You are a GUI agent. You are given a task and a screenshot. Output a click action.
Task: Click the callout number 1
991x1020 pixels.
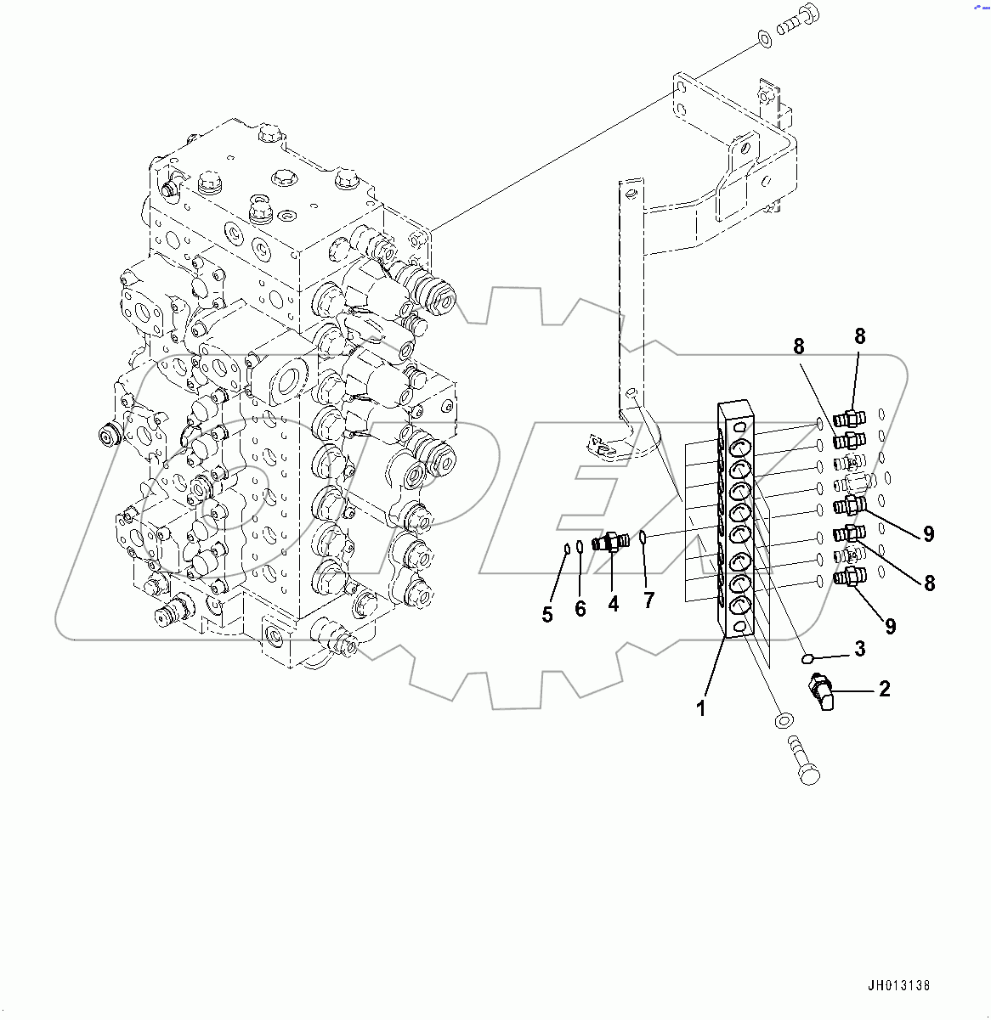pyautogui.click(x=701, y=707)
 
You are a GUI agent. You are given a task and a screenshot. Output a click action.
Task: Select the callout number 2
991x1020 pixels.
pyautogui.click(x=884, y=689)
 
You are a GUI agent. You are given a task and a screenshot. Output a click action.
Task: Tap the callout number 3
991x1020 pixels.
pyautogui.click(x=859, y=650)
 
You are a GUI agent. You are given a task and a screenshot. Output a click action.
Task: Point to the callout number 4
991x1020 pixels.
pyautogui.click(x=613, y=604)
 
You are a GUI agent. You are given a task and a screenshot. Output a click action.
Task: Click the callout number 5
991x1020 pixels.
pyautogui.click(x=547, y=614)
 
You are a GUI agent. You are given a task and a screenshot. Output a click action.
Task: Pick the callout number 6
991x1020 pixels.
pyautogui.click(x=580, y=609)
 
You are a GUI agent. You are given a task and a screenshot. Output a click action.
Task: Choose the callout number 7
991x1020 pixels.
pyautogui.click(x=648, y=600)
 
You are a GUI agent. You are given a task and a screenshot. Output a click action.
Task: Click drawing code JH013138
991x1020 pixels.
pyautogui.click(x=899, y=986)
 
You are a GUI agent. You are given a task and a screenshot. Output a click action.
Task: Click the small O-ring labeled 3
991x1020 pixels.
pyautogui.click(x=808, y=657)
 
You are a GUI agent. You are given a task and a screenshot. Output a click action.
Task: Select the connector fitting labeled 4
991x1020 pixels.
pyautogui.click(x=612, y=541)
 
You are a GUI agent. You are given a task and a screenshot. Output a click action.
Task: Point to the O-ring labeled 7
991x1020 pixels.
pyautogui.click(x=644, y=537)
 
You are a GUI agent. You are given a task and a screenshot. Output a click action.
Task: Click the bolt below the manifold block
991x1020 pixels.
pyautogui.click(x=802, y=762)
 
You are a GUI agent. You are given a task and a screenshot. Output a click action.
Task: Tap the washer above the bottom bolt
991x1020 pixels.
pyautogui.click(x=783, y=721)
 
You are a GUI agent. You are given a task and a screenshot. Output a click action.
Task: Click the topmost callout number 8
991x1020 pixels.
pyautogui.click(x=859, y=336)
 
